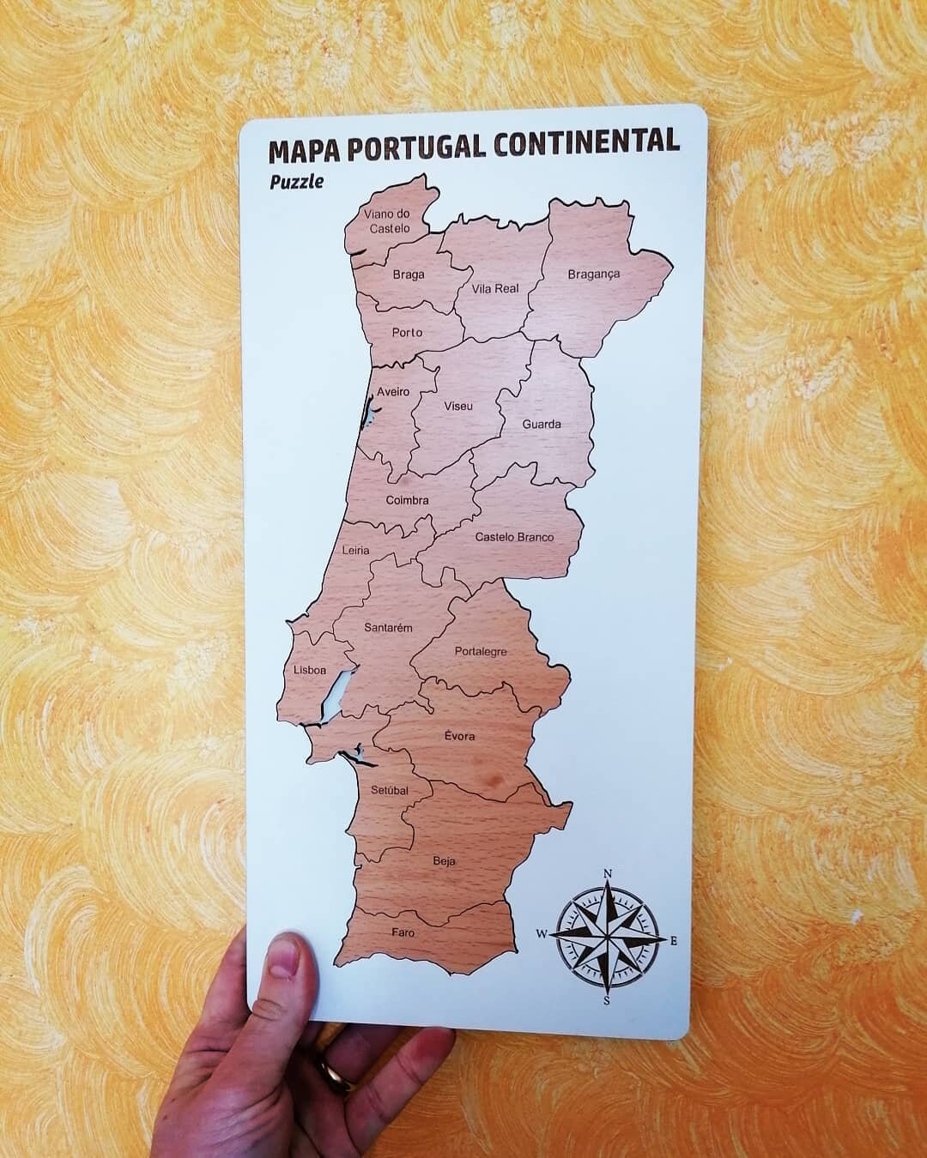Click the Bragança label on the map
593,274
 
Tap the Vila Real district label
495,289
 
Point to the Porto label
407,332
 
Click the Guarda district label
542,424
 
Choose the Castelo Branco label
514,537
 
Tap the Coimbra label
407,500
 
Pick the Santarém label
388,627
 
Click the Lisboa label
310,670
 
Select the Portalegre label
481,652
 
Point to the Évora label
459,736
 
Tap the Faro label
403,932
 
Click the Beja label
444,861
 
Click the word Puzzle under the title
297,182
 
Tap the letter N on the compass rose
608,874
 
